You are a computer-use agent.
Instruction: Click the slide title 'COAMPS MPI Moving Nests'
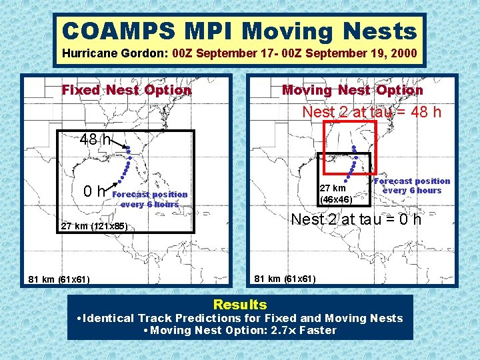click(x=239, y=31)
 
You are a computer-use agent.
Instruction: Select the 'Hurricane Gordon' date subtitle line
click(x=239, y=53)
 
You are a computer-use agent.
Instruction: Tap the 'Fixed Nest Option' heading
click(x=127, y=90)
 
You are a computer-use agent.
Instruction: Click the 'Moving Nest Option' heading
click(x=352, y=90)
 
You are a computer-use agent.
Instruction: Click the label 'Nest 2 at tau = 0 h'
click(x=357, y=219)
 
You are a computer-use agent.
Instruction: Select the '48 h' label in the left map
click(x=95, y=140)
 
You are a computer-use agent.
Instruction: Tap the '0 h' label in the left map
click(x=93, y=192)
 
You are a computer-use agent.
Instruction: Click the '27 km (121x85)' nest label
click(x=94, y=226)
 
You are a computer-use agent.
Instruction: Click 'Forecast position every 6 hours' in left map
click(x=150, y=199)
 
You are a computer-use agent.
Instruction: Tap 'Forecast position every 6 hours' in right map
click(x=412, y=185)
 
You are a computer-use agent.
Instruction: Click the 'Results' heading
click(x=239, y=305)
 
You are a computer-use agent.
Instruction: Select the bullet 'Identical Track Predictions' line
click(x=239, y=318)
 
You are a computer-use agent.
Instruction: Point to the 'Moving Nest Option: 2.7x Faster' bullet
click(x=239, y=330)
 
